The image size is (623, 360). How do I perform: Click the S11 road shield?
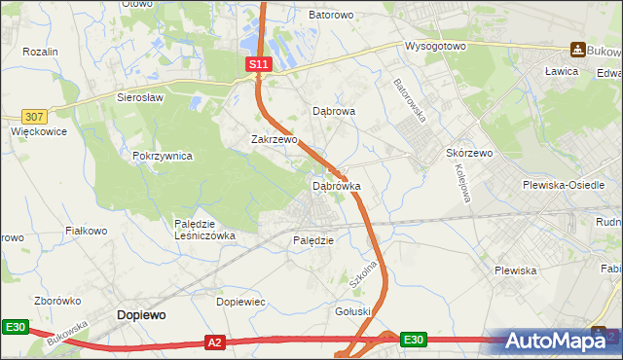pyautogui.click(x=256, y=63)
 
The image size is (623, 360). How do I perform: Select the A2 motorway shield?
pyautogui.click(x=216, y=342)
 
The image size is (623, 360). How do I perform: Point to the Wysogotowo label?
pyautogui.click(x=437, y=46)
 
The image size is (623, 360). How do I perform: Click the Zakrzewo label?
pyautogui.click(x=274, y=139)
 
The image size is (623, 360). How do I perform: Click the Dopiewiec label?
pyautogui.click(x=240, y=302)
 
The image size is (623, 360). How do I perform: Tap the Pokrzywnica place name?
pyautogui.click(x=163, y=156)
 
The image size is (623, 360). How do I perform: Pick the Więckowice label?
pyautogui.click(x=36, y=128)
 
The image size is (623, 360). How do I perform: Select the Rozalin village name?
pyautogui.click(x=41, y=52)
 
